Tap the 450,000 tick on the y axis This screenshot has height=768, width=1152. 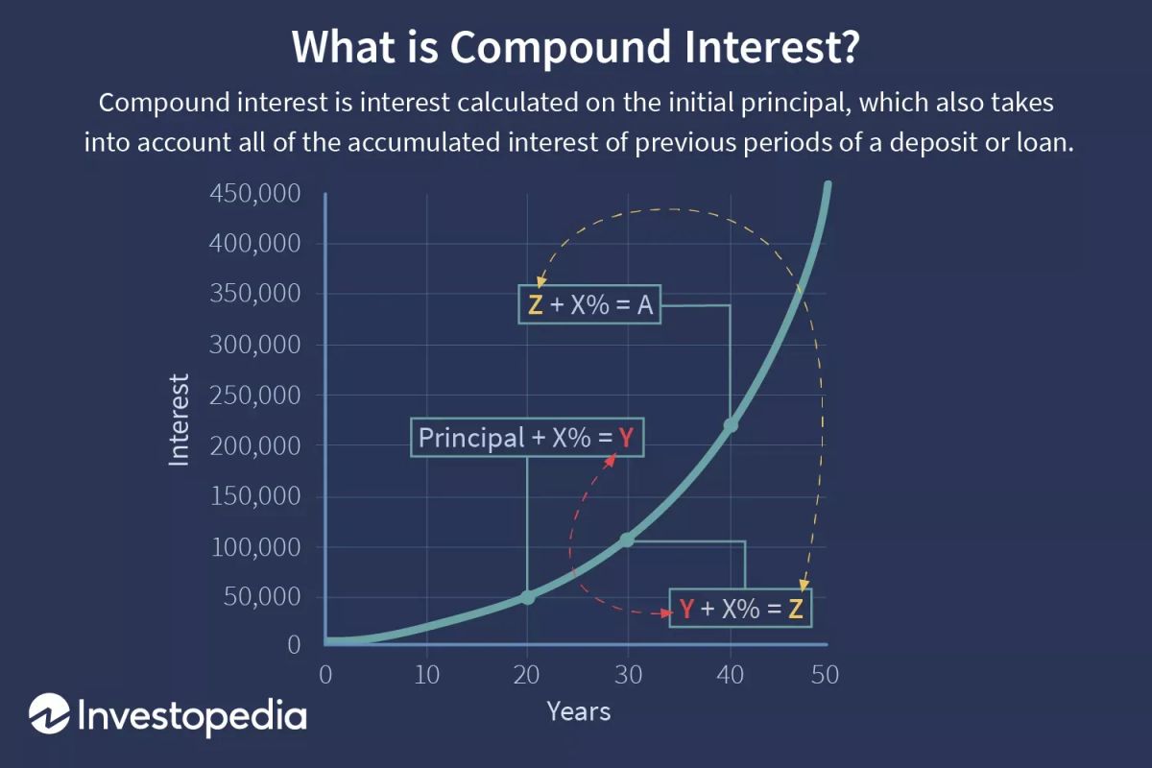pyautogui.click(x=254, y=194)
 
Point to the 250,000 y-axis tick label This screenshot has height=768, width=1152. pyautogui.click(x=254, y=396)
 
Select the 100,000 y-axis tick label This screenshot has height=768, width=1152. pyautogui.click(x=254, y=547)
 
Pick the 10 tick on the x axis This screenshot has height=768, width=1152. pyautogui.click(x=427, y=675)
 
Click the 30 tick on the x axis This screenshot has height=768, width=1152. pyautogui.click(x=627, y=675)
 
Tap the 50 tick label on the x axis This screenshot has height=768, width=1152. pyautogui.click(x=825, y=675)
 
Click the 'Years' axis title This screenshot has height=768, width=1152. pyautogui.click(x=578, y=711)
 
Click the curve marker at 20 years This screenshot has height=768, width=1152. pyautogui.click(x=527, y=597)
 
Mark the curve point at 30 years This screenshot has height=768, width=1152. pyautogui.click(x=627, y=540)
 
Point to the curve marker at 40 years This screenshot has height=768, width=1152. pyautogui.click(x=731, y=425)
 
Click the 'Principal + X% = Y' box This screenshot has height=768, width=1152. pyautogui.click(x=527, y=438)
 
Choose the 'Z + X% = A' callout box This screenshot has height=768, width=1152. pyautogui.click(x=589, y=305)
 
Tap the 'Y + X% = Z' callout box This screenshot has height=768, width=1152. pyautogui.click(x=740, y=609)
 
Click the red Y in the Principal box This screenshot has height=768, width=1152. pyautogui.click(x=626, y=439)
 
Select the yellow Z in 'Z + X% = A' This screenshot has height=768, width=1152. pyautogui.click(x=536, y=305)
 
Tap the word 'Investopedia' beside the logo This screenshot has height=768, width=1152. pyautogui.click(x=190, y=716)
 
